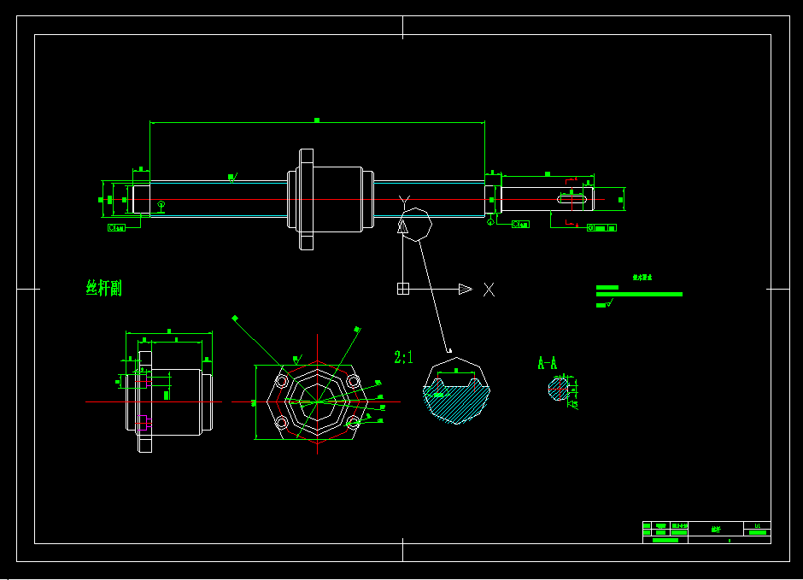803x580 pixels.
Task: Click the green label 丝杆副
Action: [x=104, y=288]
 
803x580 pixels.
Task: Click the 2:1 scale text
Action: [x=403, y=358]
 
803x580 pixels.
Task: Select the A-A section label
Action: [x=548, y=363]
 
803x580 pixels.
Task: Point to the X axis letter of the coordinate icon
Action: [x=489, y=290]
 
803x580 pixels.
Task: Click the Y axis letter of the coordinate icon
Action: [x=404, y=201]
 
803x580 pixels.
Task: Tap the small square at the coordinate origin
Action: [x=403, y=289]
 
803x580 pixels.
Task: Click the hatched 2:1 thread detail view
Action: [x=456, y=398]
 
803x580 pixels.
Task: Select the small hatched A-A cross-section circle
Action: [x=558, y=390]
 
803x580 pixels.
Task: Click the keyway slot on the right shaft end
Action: [x=574, y=200]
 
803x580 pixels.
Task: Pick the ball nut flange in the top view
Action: [x=306, y=200]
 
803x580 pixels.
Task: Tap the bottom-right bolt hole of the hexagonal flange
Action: [x=353, y=422]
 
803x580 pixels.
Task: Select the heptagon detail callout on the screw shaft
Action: [x=417, y=224]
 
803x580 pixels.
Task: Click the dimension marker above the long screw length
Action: [x=317, y=120]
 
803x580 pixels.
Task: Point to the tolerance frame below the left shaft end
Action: [x=117, y=227]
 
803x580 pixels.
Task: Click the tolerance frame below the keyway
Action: [x=601, y=227]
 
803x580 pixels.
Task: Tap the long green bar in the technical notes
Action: [x=639, y=294]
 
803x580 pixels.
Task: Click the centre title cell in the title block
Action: [x=716, y=530]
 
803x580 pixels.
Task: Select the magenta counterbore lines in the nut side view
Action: [x=144, y=420]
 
